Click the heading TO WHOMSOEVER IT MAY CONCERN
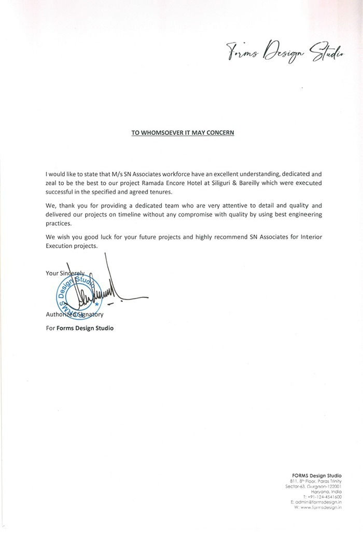[x=183, y=132]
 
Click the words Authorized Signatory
[x=75, y=315]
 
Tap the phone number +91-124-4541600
[x=323, y=497]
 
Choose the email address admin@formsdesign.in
[x=318, y=502]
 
